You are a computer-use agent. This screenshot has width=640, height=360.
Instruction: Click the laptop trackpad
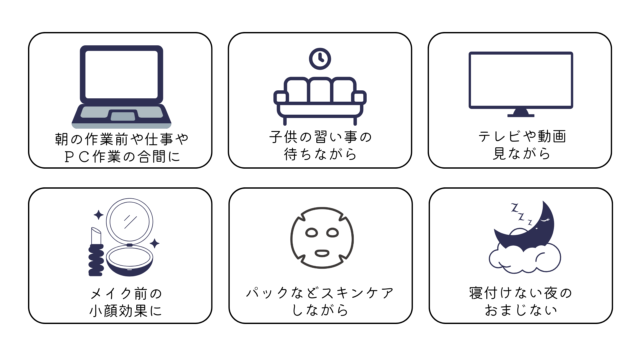coord(123,116)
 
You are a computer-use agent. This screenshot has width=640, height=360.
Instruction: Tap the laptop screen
coord(121,74)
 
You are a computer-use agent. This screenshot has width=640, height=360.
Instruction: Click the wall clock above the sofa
coord(320,59)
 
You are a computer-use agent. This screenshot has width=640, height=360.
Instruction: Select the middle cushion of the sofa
coord(320,90)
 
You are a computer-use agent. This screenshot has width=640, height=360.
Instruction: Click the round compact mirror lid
coord(130,221)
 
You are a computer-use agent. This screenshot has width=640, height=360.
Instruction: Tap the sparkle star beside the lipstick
coord(98,215)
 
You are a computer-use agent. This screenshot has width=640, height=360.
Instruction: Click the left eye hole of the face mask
coord(312,233)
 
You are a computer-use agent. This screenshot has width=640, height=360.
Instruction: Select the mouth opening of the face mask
coord(322,253)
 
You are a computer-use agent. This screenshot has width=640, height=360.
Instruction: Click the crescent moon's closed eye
coord(545,220)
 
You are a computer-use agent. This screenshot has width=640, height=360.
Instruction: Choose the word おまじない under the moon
coord(521,310)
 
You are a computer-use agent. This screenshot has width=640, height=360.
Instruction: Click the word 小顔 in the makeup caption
coord(104,311)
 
